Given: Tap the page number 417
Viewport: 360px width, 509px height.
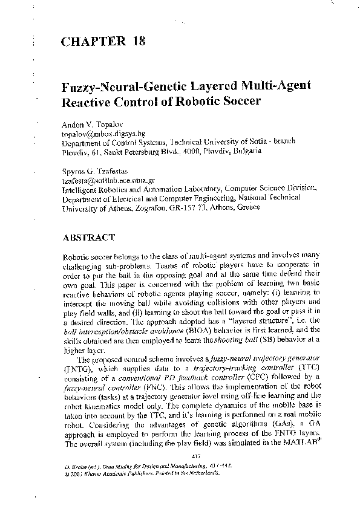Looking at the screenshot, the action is click(195, 455).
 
